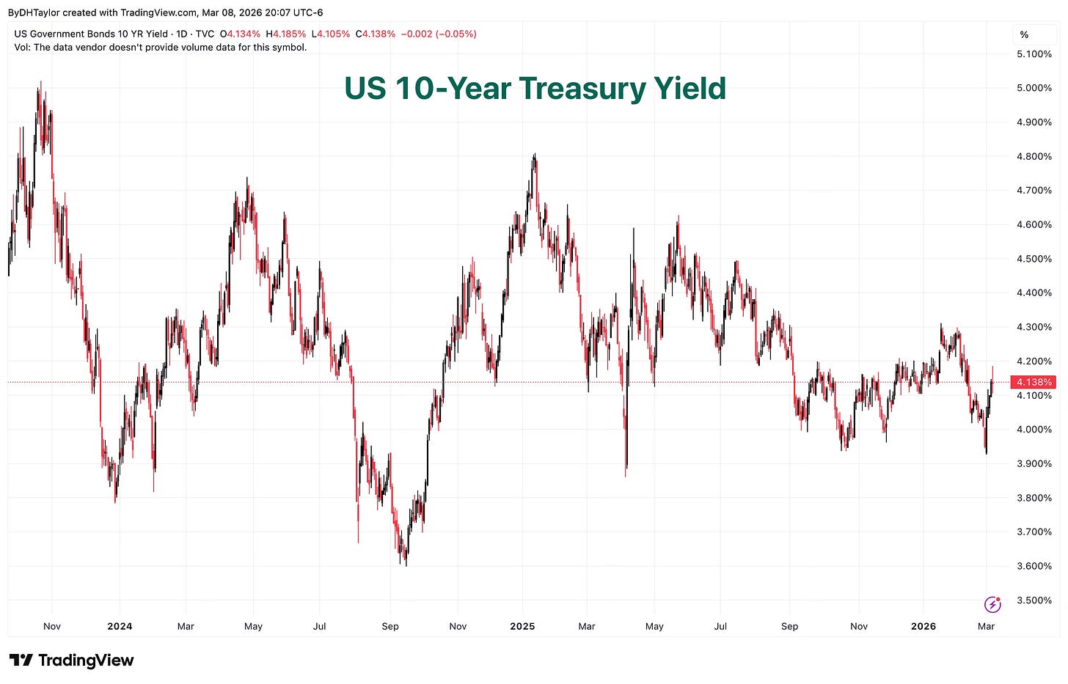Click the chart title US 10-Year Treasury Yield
(x=535, y=89)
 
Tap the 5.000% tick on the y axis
(x=1034, y=88)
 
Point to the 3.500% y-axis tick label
(x=1034, y=600)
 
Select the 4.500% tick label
(x=1034, y=259)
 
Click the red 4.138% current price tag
(x=1034, y=382)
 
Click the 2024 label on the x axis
(x=120, y=626)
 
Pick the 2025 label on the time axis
(x=522, y=626)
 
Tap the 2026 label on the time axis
(x=923, y=626)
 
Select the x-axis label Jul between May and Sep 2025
(x=720, y=626)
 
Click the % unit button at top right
(x=1024, y=34)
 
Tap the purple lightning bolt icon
(x=992, y=604)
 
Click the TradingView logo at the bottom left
(x=71, y=660)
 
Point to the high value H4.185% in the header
(x=285, y=34)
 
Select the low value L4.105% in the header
(x=331, y=34)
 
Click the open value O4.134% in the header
(x=240, y=34)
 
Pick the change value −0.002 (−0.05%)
(x=439, y=34)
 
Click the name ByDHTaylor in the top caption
(x=34, y=12)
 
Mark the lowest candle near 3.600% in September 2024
(x=406, y=563)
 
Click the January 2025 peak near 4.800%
(x=535, y=155)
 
